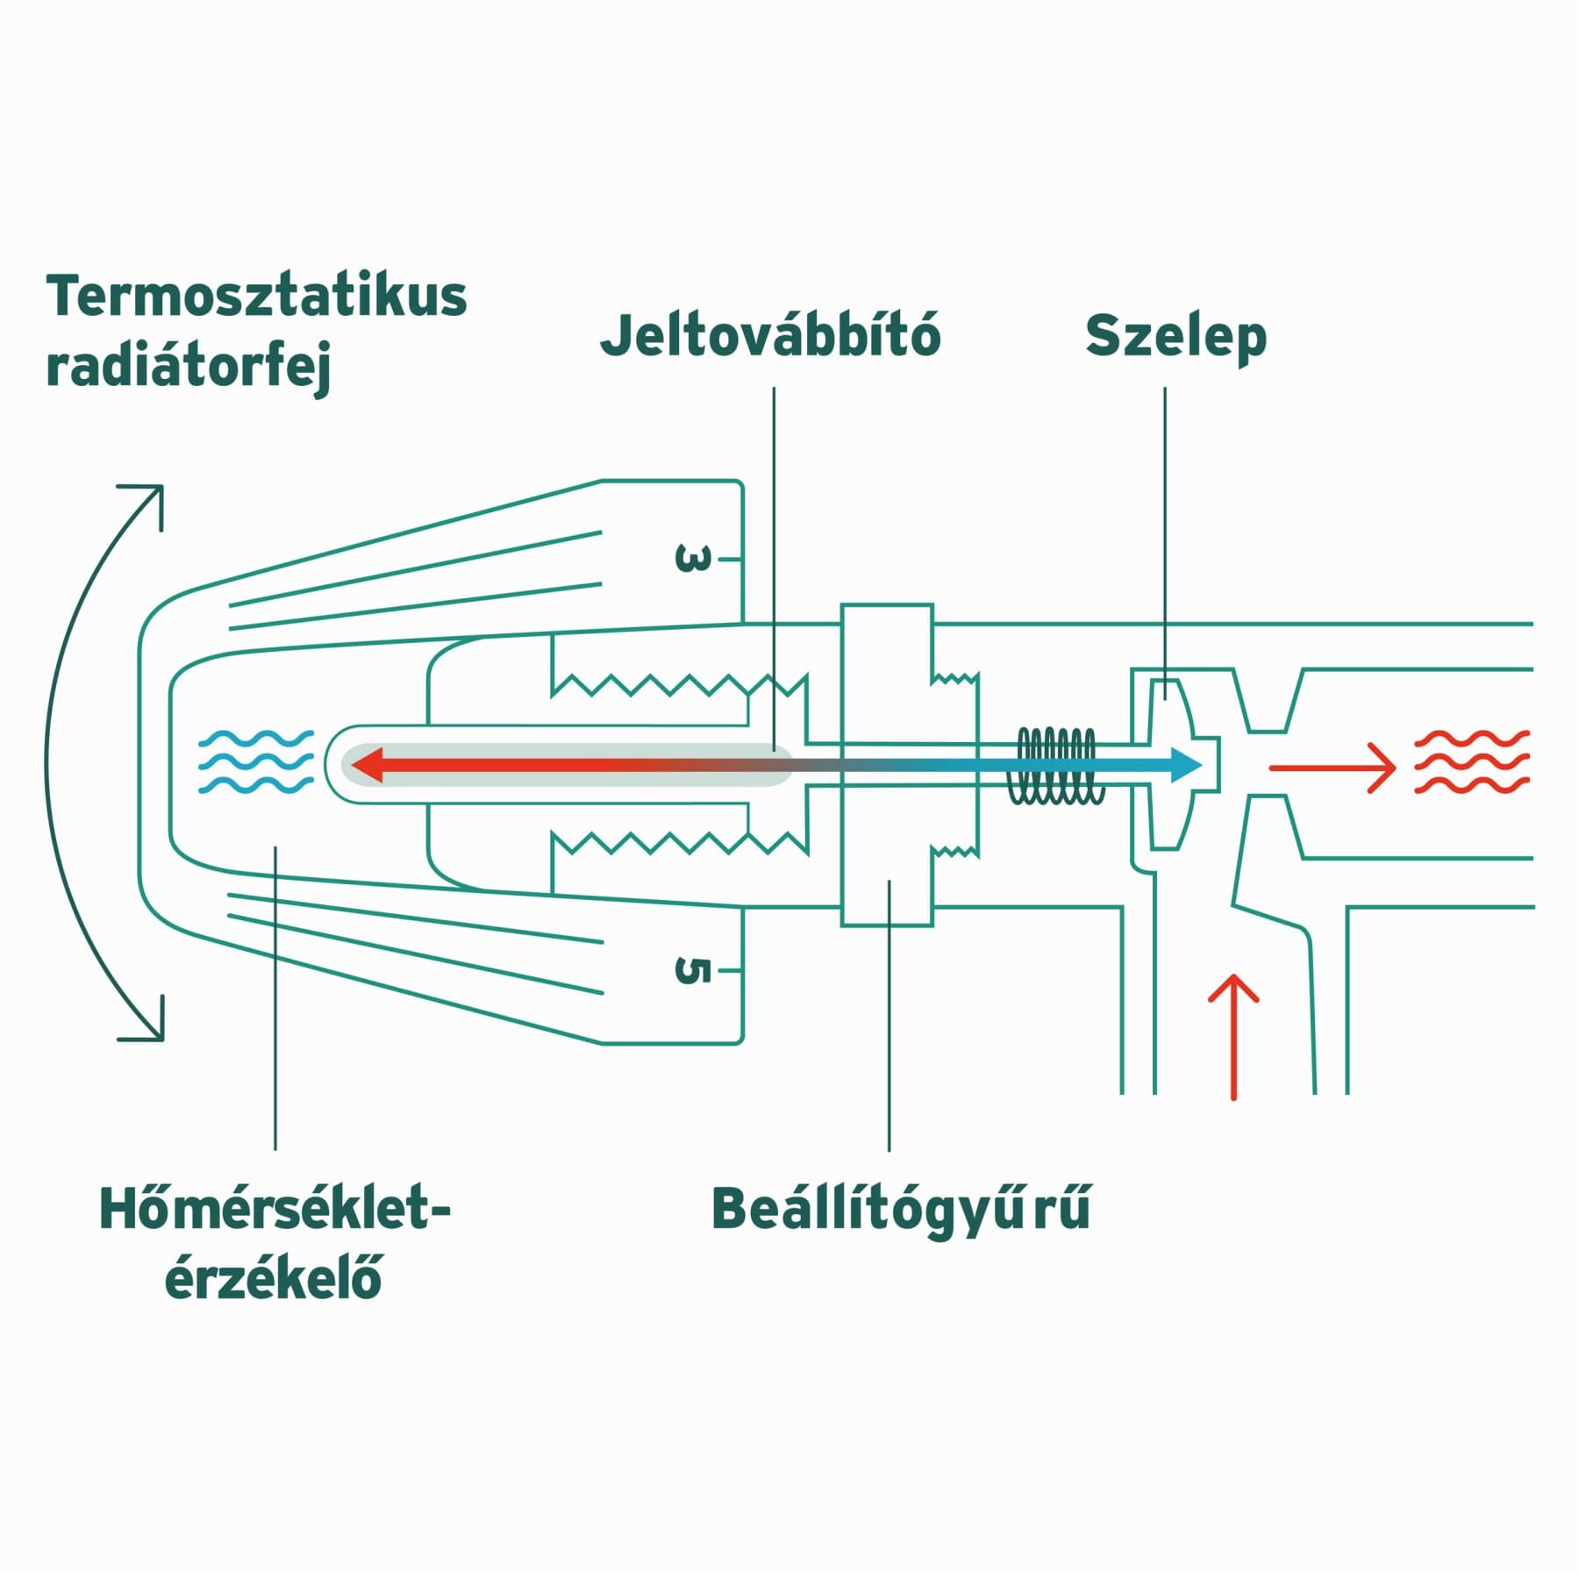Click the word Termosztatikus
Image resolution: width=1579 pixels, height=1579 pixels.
pyautogui.click(x=256, y=297)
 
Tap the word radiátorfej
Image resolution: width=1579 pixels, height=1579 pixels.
pyautogui.click(x=188, y=368)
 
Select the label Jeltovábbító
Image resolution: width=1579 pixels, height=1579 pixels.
pyautogui.click(x=770, y=335)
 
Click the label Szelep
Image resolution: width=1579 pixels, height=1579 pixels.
pyautogui.click(x=1175, y=338)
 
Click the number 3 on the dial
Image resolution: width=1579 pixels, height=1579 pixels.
pyautogui.click(x=693, y=559)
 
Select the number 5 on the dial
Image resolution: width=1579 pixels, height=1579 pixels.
pyautogui.click(x=693, y=970)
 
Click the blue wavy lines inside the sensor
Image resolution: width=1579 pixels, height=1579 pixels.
pyautogui.click(x=255, y=761)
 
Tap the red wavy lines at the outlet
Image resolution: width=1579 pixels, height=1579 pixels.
pyautogui.click(x=1472, y=761)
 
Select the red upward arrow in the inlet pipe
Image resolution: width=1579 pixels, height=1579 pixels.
pyautogui.click(x=1233, y=1037)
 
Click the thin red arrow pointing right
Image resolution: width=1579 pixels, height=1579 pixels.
pyautogui.click(x=1333, y=768)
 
